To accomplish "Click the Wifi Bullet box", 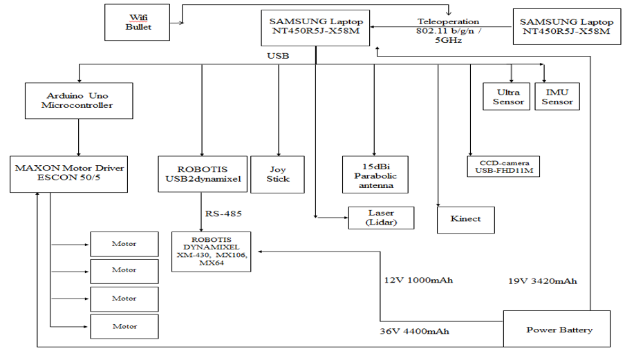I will tap(138, 21).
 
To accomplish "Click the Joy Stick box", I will tap(277, 173).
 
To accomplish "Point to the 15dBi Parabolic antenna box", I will tap(375, 173).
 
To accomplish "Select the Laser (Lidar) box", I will tap(381, 218).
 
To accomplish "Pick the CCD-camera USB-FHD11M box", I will tap(503, 167).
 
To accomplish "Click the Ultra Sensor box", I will tap(507, 97).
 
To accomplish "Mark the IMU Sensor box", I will tap(557, 97).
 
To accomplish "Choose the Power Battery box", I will tap(557, 329).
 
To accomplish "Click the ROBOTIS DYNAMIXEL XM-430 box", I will tap(211, 252).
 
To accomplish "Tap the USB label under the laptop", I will tap(278, 55).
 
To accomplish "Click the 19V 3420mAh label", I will tap(542, 281).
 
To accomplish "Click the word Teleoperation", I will tap(448, 21).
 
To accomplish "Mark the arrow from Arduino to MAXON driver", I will tap(78, 135).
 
